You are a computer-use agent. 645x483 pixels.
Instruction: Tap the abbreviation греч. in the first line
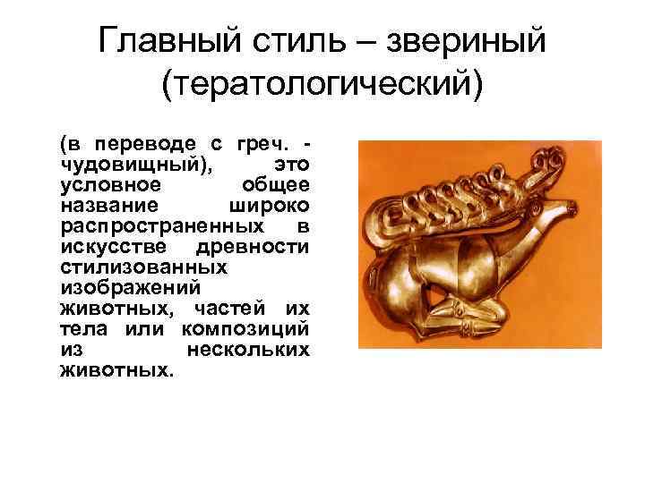tap(262, 144)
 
